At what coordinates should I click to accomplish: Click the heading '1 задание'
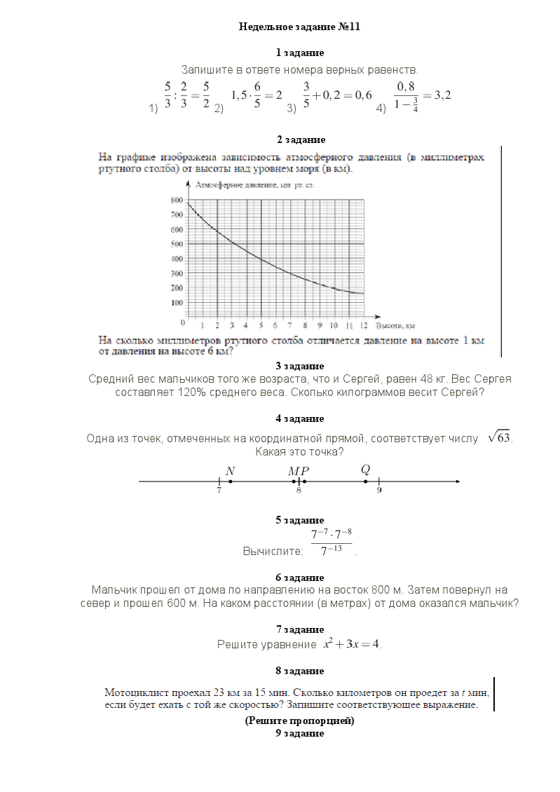pyautogui.click(x=299, y=53)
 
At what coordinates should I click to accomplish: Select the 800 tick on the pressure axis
pyautogui.click(x=177, y=200)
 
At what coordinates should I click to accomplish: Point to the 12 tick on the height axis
pyautogui.click(x=364, y=326)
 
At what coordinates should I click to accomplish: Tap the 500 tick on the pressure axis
pyautogui.click(x=177, y=244)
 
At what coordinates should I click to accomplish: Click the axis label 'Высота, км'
pyautogui.click(x=396, y=326)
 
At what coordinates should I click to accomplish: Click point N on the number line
pyautogui.click(x=231, y=482)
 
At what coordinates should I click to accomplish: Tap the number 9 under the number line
pyautogui.click(x=379, y=491)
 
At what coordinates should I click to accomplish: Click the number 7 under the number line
pyautogui.click(x=219, y=491)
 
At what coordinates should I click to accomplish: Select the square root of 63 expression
pyautogui.click(x=500, y=437)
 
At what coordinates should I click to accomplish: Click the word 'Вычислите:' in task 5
pyautogui.click(x=273, y=551)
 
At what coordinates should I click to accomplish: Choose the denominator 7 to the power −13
pyautogui.click(x=331, y=551)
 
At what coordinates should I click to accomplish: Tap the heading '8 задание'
pyautogui.click(x=299, y=671)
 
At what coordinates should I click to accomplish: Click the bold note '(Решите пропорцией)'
pyautogui.click(x=299, y=721)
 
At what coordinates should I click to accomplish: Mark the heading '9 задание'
pyautogui.click(x=299, y=733)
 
